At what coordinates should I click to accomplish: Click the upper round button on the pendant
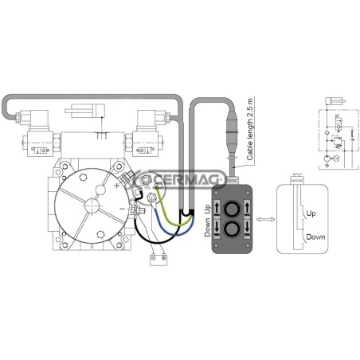tap(232, 209)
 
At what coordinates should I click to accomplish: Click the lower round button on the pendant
tap(232, 229)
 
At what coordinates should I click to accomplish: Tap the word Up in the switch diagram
tap(311, 213)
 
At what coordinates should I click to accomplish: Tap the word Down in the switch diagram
tap(315, 237)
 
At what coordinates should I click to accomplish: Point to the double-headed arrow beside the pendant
tap(266, 219)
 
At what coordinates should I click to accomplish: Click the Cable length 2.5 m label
tap(250, 129)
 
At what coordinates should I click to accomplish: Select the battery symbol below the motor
tap(158, 260)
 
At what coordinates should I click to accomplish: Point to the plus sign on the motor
tap(116, 186)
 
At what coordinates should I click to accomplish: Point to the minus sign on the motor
tap(122, 209)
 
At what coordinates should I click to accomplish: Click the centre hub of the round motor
tap(92, 205)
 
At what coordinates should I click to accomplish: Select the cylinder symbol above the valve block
tap(85, 111)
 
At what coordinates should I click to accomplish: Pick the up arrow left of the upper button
tap(217, 208)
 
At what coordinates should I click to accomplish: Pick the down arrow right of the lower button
tap(247, 227)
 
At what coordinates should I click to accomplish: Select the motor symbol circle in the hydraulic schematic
tap(336, 158)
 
